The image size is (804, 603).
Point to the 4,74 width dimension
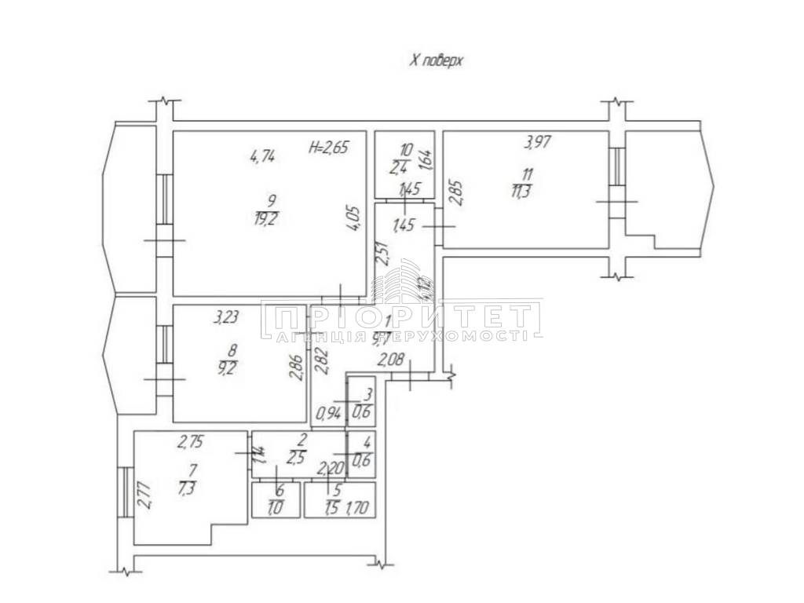(262, 156)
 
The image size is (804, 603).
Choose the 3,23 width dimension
(228, 319)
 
